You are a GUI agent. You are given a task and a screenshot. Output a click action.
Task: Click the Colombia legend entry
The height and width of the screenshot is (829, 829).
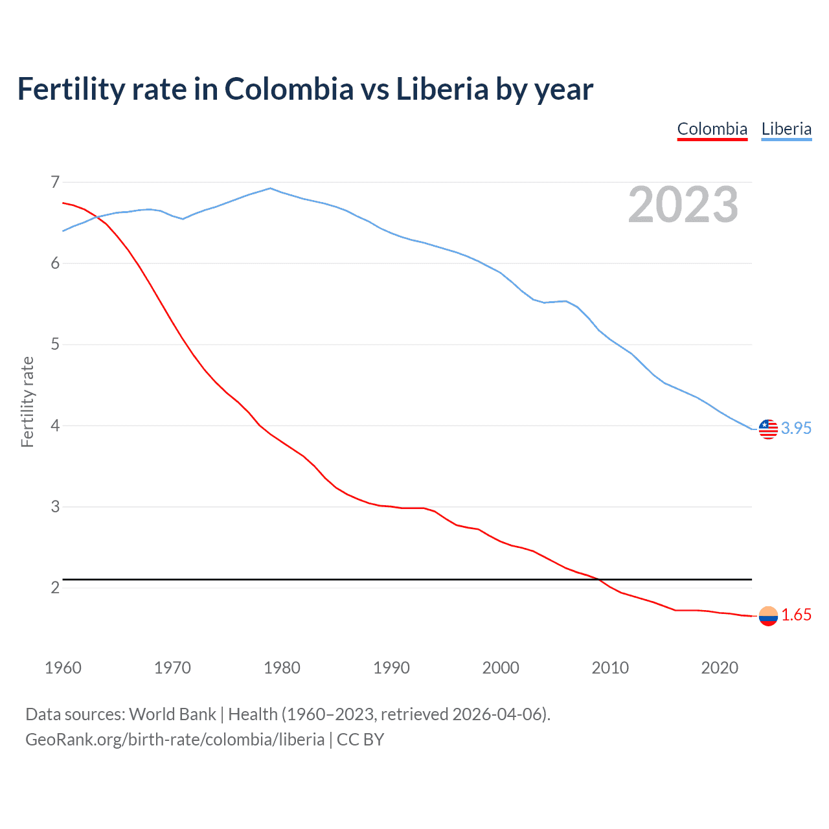712,129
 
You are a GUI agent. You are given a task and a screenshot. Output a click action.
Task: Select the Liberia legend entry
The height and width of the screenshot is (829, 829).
786,129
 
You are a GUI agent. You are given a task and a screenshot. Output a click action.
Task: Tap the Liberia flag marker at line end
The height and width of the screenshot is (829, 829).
768,429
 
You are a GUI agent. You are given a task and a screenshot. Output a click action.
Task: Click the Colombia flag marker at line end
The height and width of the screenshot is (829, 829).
768,616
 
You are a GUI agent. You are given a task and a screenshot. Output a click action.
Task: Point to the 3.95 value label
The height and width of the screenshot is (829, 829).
796,429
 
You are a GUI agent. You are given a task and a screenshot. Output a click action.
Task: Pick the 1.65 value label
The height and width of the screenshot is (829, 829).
796,615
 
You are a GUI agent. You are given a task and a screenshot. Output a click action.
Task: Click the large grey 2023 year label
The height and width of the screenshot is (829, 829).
683,205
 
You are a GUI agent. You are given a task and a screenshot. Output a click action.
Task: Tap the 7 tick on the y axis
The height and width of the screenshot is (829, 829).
55,182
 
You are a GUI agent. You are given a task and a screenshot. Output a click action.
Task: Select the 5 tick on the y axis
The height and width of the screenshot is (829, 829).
55,344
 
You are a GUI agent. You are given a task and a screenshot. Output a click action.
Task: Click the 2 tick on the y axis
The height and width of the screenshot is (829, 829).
55,587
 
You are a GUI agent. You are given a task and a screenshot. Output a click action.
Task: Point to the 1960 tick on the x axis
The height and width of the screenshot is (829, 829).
63,668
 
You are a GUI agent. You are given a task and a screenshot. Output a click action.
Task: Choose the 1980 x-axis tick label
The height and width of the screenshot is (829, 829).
282,668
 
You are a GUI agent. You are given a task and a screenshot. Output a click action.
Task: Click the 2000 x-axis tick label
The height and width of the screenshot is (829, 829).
501,668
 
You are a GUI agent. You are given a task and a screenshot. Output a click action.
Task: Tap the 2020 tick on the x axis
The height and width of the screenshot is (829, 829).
720,668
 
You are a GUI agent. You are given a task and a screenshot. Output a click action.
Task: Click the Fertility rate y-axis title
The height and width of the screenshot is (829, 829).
27,402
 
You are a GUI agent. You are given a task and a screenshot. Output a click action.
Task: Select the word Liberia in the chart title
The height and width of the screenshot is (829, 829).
442,89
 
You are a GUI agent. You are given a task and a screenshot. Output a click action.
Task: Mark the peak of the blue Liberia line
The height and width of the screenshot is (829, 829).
271,188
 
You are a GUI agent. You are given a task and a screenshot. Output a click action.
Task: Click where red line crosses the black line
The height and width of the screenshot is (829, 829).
598,579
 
